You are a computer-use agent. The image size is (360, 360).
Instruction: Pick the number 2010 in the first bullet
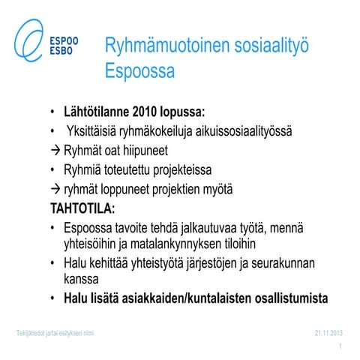[x=149, y=112]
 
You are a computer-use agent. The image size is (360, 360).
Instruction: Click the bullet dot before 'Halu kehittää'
[x=52, y=264]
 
